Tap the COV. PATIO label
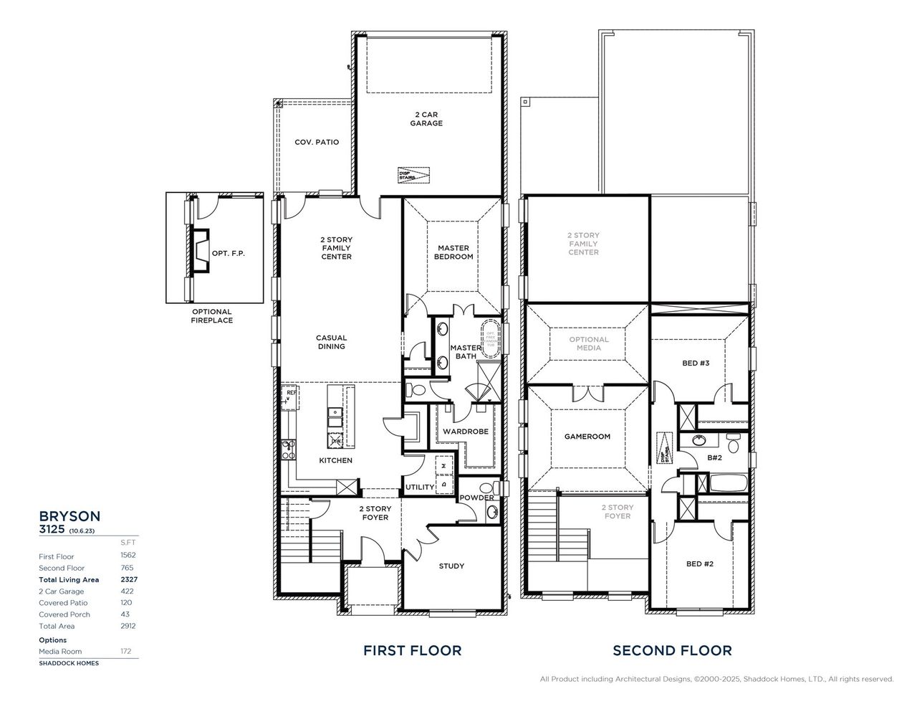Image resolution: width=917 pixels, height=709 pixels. [x=317, y=142]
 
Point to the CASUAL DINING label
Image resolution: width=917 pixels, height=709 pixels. [x=331, y=342]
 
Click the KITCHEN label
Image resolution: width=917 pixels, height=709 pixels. [x=335, y=460]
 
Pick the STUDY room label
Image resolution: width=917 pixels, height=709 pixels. [x=451, y=566]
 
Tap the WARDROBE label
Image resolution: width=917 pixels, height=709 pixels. [x=465, y=432]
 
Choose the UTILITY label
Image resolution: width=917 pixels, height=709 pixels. [x=420, y=487]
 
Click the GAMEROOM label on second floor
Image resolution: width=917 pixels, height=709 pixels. [x=587, y=436]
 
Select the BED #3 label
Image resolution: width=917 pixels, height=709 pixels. [x=695, y=363]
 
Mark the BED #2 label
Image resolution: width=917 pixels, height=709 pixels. [x=699, y=563]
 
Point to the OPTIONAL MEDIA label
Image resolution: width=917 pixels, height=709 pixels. [x=589, y=343]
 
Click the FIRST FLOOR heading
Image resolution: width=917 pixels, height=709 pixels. [x=412, y=650]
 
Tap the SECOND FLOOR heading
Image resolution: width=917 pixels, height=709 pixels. [x=671, y=650]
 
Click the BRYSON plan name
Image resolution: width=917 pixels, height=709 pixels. [x=69, y=515]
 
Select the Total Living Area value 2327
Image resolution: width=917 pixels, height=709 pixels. [x=128, y=579]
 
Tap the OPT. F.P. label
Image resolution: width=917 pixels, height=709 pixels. [x=228, y=253]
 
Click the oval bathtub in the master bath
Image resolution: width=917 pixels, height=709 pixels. [x=491, y=338]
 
